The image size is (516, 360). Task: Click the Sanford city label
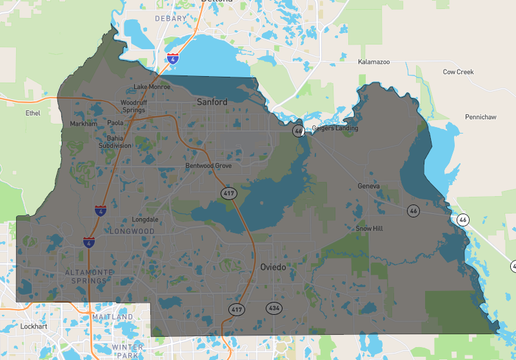212,102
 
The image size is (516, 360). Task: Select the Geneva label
370,186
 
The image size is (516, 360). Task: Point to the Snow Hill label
369,228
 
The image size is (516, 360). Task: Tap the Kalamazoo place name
373,62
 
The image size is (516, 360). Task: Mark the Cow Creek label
457,72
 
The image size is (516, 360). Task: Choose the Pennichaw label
480,117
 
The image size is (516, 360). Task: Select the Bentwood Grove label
208,166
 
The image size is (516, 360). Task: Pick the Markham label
83,124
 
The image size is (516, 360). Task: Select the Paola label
115,124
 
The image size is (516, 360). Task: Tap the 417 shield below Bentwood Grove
228,191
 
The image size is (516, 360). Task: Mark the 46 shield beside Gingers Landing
298,131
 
